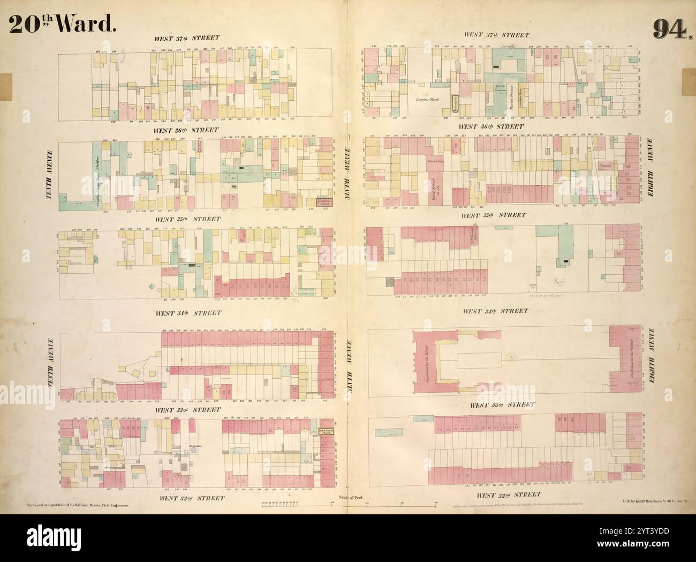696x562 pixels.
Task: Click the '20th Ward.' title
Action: pos(63,23)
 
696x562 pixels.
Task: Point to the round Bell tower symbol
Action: pos(193,451)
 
